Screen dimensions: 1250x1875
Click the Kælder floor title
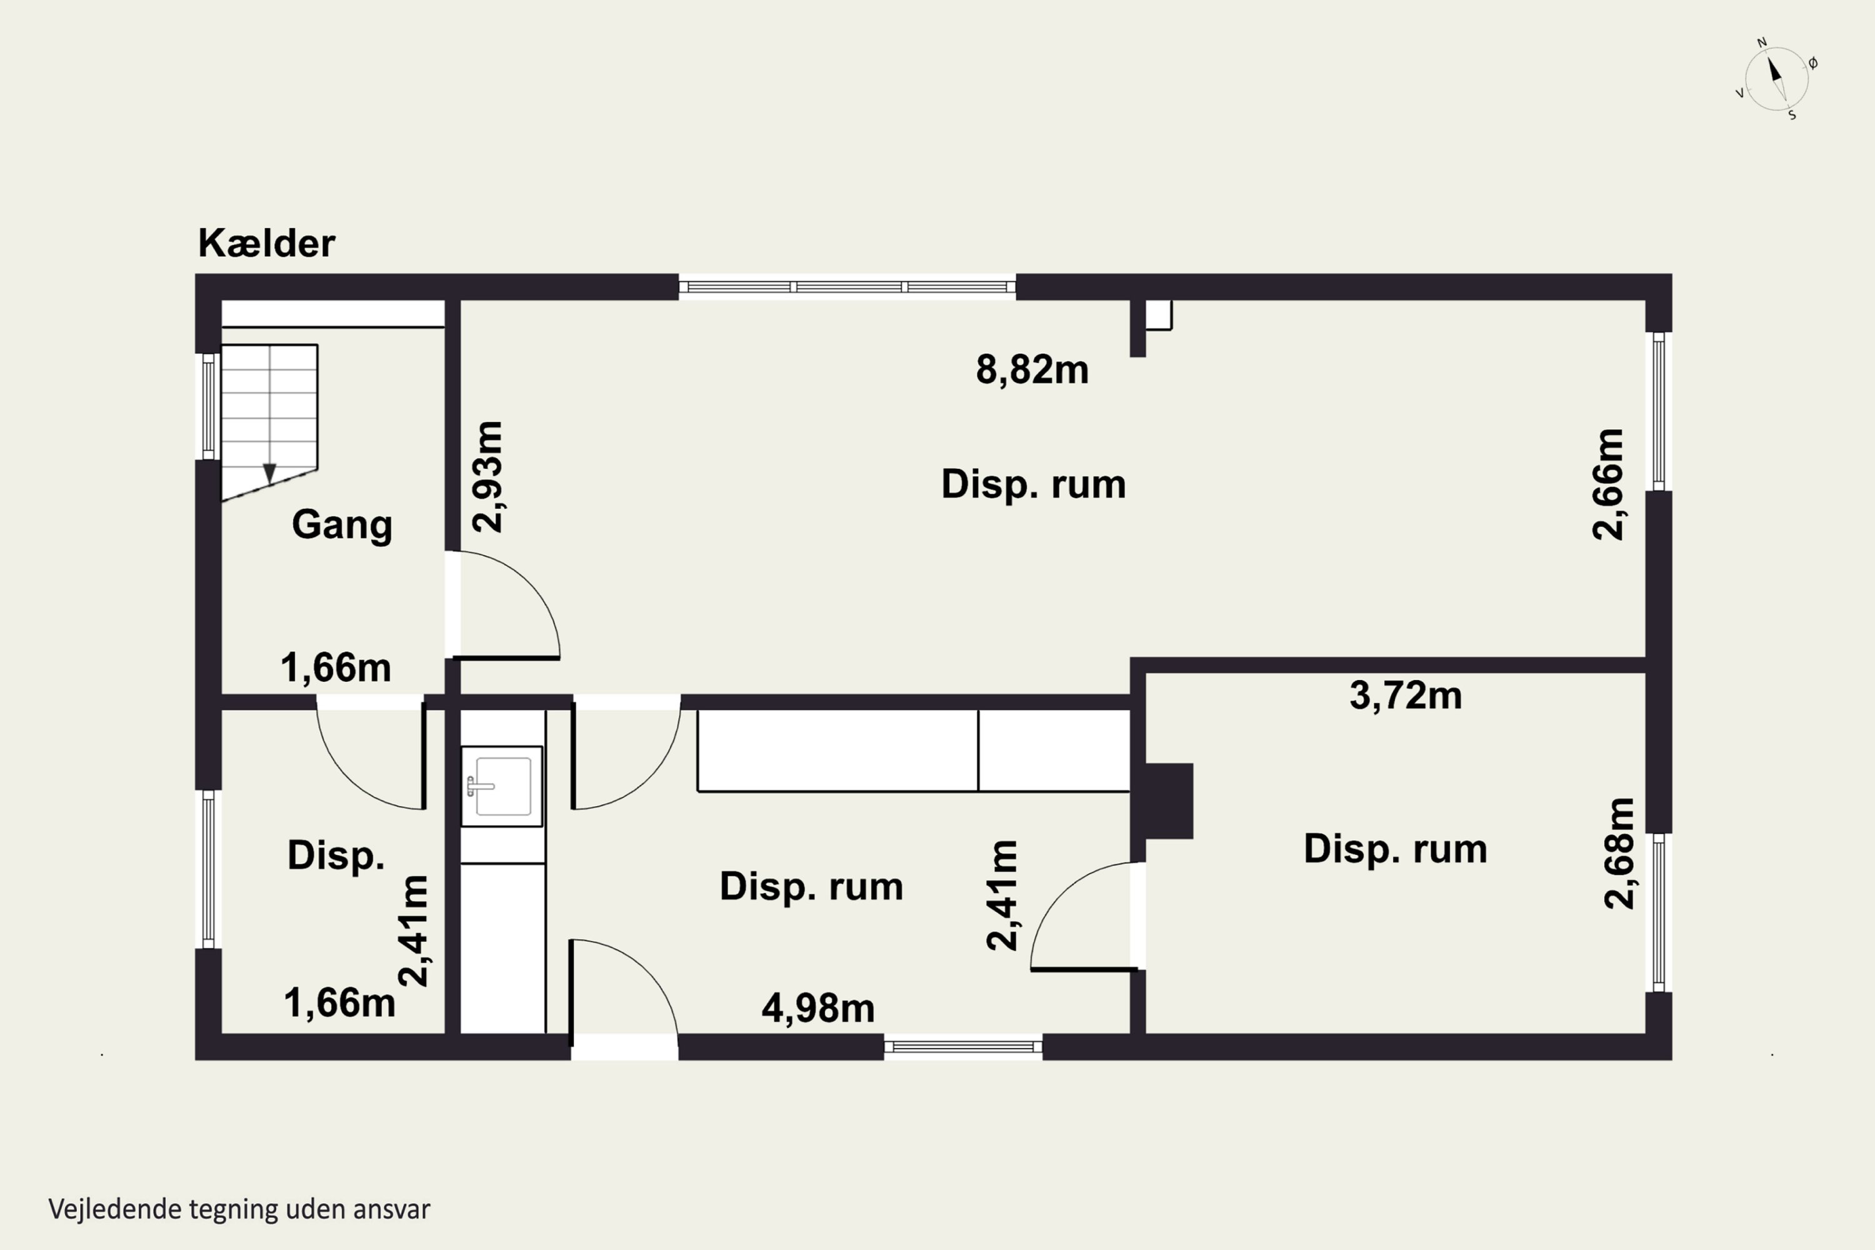coord(266,243)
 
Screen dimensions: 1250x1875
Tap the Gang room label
coord(342,524)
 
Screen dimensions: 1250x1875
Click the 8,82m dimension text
coord(1032,370)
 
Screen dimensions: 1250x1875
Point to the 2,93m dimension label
coord(487,477)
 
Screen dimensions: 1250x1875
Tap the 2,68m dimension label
coord(1619,853)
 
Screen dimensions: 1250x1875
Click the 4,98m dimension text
coord(818,1009)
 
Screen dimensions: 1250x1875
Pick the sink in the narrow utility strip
coord(501,786)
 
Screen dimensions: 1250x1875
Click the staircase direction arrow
coord(269,474)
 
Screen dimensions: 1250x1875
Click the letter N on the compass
coord(1762,43)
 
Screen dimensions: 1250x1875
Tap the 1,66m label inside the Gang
coord(336,668)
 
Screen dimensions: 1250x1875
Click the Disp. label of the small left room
coord(336,856)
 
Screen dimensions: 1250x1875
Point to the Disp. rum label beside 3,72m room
coord(1395,849)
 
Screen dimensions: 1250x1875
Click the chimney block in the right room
coord(1167,801)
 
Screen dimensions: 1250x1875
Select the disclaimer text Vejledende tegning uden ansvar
coord(239,1209)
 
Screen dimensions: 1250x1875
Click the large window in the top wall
coord(847,287)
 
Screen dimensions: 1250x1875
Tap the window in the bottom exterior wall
coord(963,1047)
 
